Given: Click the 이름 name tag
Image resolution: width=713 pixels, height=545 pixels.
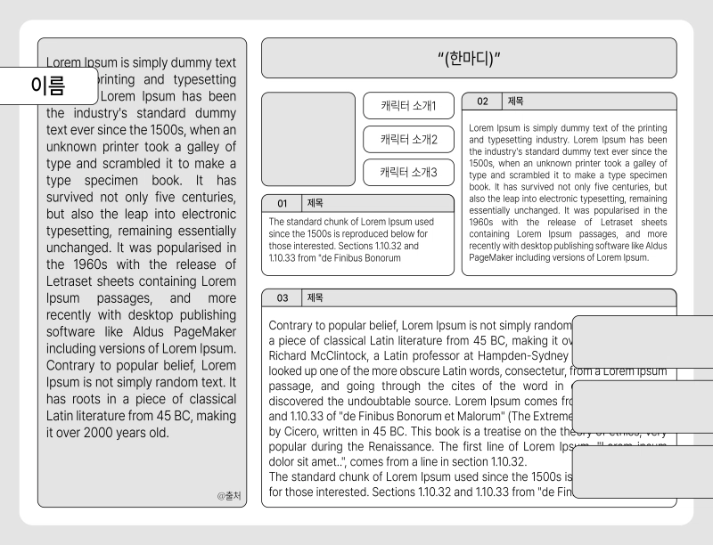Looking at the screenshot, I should point(48,85).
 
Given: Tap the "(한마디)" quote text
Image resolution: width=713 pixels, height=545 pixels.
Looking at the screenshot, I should point(470,59).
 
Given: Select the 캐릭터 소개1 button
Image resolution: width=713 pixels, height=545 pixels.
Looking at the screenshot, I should point(409,106).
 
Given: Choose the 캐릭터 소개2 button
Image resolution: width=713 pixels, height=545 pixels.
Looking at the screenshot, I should point(409,139).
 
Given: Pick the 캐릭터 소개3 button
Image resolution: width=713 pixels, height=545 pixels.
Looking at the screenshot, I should point(409,172).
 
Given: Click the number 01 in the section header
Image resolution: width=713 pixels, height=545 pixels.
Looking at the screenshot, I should point(283,203).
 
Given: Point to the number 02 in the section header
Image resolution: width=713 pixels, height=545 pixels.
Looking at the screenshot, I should point(482,102).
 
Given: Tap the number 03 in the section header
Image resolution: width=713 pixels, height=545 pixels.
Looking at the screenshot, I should point(283,297).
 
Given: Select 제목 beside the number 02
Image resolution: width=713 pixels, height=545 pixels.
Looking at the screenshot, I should point(515,102).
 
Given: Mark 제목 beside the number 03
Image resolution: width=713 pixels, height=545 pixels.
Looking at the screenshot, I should point(316,297).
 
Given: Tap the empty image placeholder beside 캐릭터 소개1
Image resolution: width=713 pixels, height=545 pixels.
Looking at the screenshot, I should point(308,139).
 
